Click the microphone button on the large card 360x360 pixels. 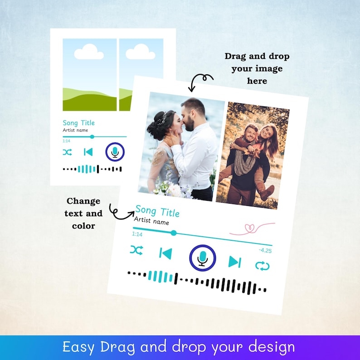tap(202, 258)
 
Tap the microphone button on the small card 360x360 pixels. tap(115, 152)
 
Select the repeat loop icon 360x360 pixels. tap(262, 266)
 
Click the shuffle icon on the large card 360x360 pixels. tap(136, 250)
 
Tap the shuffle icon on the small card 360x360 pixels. tap(67, 152)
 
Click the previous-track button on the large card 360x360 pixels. tap(165, 253)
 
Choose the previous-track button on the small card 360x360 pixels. tap(88, 152)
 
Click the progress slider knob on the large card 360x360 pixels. tap(174, 233)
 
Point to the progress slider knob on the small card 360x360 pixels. tap(92, 136)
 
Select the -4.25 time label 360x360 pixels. tap(265, 251)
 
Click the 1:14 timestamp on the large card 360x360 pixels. tap(137, 234)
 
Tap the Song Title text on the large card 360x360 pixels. tap(157, 212)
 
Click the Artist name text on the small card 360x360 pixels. tap(75, 131)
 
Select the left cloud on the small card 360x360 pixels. tap(89, 52)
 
